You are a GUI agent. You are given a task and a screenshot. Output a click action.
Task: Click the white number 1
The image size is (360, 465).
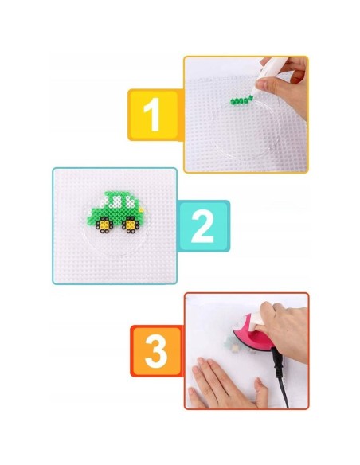tap(152, 115)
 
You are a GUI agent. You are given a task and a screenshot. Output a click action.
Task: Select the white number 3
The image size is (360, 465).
tap(156, 351)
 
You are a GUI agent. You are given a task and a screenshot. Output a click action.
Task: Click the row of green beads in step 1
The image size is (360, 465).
tap(241, 101)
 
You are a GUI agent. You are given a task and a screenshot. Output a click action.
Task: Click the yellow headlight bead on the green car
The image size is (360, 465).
tap(142, 209)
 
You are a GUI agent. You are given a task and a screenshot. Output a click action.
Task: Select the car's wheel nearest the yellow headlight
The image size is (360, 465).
tap(130, 225)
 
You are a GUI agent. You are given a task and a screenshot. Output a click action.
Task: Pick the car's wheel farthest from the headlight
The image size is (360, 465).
tap(104, 225)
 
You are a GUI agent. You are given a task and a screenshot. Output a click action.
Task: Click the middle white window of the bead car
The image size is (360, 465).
tap(115, 201)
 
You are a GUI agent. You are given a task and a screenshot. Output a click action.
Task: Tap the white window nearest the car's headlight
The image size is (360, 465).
tap(130, 201)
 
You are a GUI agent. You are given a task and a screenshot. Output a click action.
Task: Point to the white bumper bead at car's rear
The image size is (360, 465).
tap(88, 212)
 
